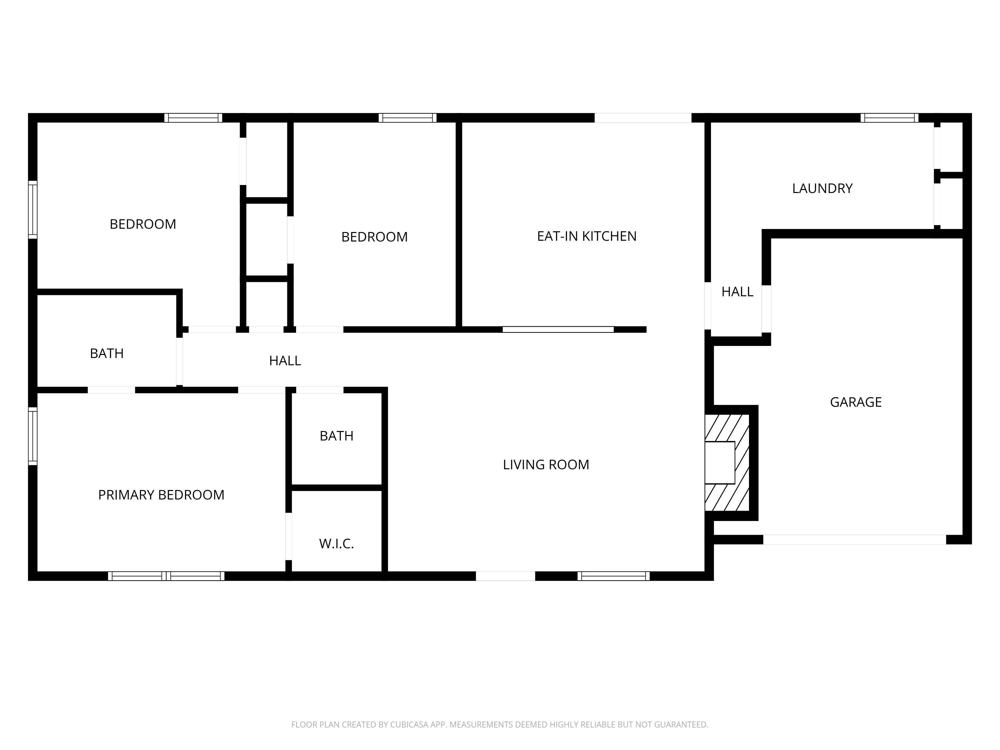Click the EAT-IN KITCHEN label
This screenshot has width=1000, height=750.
pos(586,236)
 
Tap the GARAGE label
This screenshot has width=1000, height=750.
pos(855,402)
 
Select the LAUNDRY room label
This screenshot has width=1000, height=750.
pos(822,188)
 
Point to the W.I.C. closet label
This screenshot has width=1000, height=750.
pos(336,543)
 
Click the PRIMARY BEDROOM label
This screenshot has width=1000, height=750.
pos(161,495)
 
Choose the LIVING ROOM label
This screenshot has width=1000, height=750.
pos(546,464)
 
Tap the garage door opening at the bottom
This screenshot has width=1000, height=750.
pos(854,539)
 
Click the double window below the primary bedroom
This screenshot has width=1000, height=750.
pos(166,576)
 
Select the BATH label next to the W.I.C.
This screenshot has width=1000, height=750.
pos(336,436)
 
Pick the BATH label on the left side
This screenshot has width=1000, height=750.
pos(107,353)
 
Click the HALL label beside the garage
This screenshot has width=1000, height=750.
pos(737,292)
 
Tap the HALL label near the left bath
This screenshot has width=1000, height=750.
pos(285,360)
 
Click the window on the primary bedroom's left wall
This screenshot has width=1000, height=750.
pos(33,436)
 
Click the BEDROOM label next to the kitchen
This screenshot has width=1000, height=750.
pos(374,236)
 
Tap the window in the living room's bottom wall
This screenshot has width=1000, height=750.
pos(613,576)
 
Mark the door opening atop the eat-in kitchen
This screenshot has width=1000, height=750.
pos(642,118)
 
